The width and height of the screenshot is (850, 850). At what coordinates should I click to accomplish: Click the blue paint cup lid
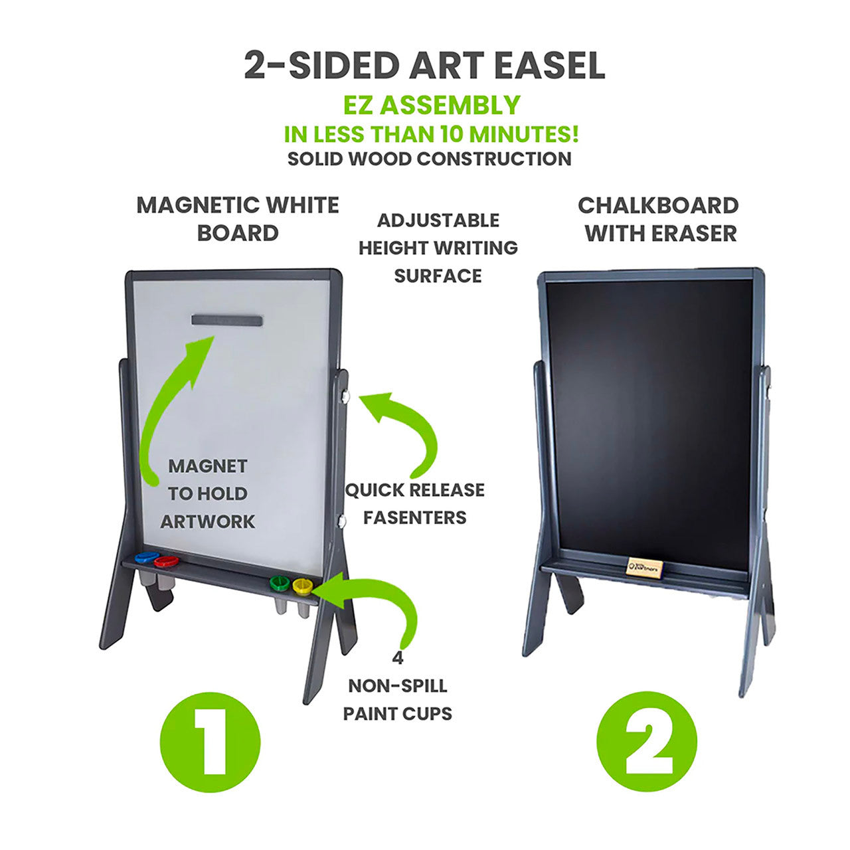click(x=147, y=557)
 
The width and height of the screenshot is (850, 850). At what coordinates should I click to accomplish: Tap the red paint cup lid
click(x=166, y=562)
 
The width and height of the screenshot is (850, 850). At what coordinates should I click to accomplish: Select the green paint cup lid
click(x=280, y=582)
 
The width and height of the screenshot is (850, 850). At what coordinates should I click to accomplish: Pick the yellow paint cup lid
click(x=303, y=586)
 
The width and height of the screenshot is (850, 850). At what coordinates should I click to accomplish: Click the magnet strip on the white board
click(x=227, y=320)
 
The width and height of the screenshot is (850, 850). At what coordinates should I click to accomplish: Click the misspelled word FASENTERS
click(x=414, y=517)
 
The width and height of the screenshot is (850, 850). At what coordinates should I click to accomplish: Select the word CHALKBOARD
click(x=658, y=206)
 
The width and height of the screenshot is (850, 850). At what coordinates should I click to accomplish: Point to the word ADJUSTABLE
click(x=438, y=220)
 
